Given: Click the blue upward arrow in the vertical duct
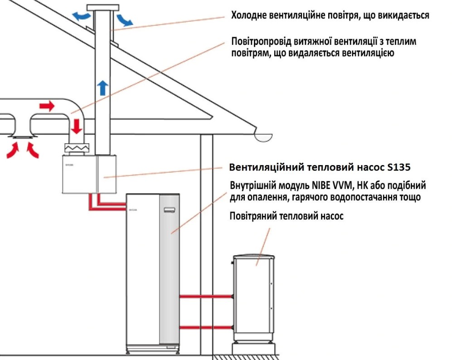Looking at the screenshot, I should pos(103,88).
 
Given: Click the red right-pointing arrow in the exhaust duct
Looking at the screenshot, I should pos(46,107).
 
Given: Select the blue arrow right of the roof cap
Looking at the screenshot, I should pos(124,19).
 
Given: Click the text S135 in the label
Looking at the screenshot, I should pos(399,167).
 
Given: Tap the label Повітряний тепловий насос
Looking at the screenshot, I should pos(287,216).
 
